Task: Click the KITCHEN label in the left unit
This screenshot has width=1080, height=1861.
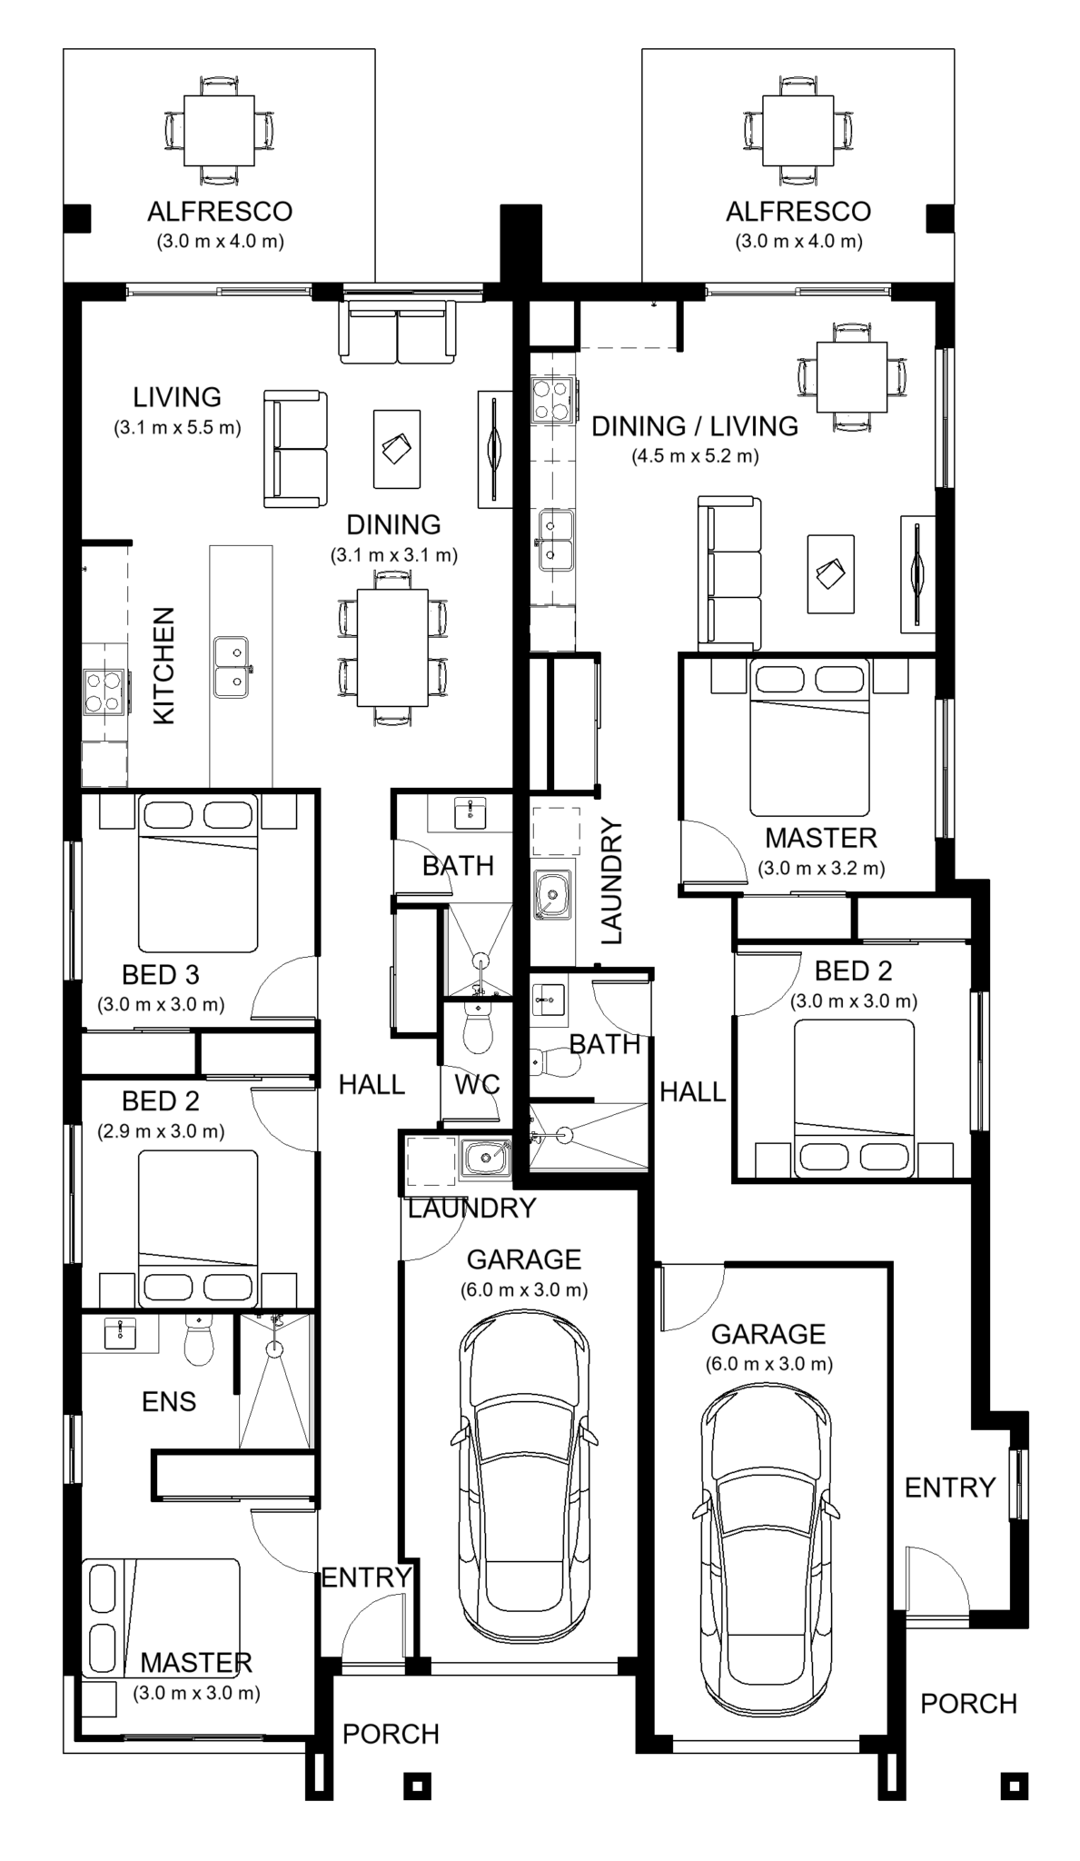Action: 163,666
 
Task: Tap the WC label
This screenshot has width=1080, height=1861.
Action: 477,1084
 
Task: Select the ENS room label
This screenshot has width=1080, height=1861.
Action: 169,1401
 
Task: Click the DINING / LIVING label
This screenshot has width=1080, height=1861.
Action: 695,425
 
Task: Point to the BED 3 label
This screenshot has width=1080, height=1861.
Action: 161,975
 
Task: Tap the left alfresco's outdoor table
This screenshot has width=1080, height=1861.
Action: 219,130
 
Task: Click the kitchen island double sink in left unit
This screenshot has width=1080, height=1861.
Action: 232,667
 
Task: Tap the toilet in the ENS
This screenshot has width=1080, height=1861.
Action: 198,1342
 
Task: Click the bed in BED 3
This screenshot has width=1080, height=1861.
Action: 197,872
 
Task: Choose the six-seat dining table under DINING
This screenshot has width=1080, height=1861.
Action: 392,647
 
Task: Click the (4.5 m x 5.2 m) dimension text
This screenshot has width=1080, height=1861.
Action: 695,456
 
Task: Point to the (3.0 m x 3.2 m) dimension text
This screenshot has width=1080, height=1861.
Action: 821,868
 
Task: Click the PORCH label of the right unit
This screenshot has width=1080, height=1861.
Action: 968,1704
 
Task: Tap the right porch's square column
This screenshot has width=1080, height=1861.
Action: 1014,1786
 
